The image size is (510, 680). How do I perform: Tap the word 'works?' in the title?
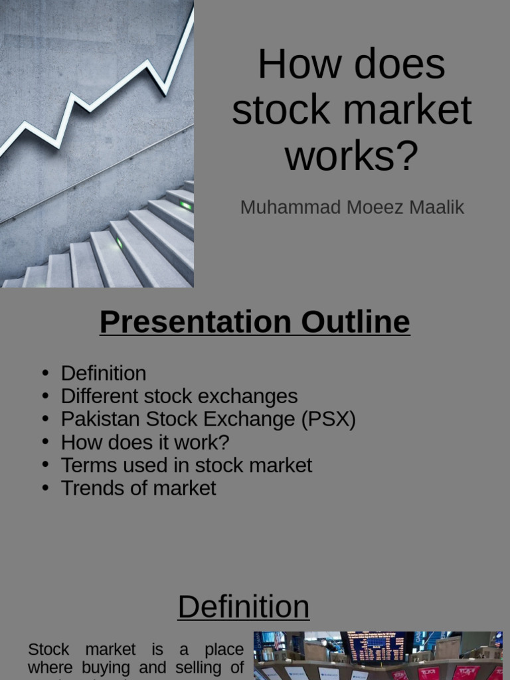tap(351, 156)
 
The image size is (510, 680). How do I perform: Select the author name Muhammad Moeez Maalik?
tap(351, 207)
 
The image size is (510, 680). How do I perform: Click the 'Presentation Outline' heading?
tap(254, 322)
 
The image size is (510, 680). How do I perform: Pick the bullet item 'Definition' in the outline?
tap(103, 373)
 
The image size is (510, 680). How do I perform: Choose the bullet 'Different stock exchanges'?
tap(179, 396)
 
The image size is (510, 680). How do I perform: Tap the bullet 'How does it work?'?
tap(145, 442)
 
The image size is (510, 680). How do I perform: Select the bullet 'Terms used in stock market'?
tap(186, 465)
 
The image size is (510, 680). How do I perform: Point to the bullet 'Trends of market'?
tap(138, 488)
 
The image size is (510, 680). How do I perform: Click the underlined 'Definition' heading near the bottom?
tap(243, 606)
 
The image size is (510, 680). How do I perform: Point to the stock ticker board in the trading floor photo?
tap(376, 646)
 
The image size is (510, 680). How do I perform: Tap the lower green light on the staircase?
tap(120, 243)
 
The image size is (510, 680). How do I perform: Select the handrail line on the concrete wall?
tap(93, 177)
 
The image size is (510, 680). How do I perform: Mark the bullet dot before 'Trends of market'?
tap(45, 488)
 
